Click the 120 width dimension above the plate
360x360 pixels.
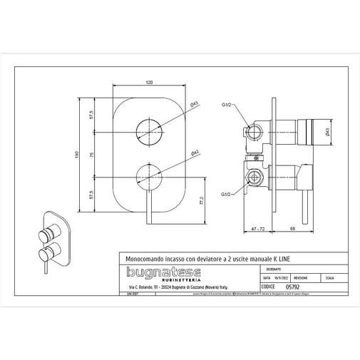pyautogui.click(x=149, y=83)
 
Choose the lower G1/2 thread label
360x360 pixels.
pyautogui.click(x=226, y=193)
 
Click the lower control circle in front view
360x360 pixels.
pyautogui.click(x=149, y=175)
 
